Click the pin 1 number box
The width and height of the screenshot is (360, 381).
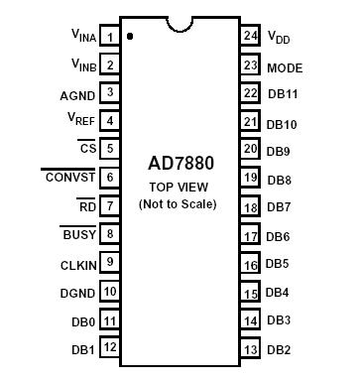pos(110,37)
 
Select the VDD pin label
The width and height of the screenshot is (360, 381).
pos(279,37)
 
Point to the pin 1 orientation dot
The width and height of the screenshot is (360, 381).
pos(130,36)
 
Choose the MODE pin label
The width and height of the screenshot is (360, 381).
pos(285,67)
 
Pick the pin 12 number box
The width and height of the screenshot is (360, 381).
pos(110,348)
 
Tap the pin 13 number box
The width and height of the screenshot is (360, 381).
pos(250,348)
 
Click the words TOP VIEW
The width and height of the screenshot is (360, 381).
pos(180,187)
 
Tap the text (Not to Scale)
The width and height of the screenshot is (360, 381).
pos(180,203)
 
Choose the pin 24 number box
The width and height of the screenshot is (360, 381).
pos(250,36)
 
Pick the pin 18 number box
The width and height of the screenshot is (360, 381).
pos(250,206)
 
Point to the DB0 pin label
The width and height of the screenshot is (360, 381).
pos(84,320)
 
